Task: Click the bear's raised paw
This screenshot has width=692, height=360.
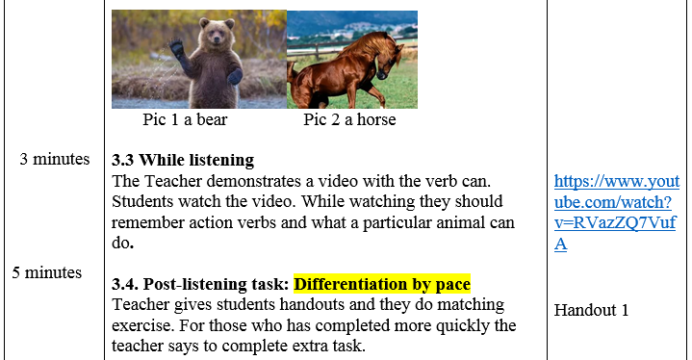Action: coord(176,48)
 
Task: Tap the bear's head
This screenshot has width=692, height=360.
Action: coord(217,32)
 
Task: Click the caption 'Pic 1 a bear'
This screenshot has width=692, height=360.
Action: coord(185,119)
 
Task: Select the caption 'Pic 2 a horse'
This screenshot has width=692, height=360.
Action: coord(349,119)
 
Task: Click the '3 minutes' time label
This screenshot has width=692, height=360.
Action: coord(55,159)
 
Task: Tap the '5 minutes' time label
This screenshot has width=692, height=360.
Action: coord(47,272)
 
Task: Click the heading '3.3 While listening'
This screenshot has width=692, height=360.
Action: coord(183,160)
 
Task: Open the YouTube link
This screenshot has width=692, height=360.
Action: coord(617,212)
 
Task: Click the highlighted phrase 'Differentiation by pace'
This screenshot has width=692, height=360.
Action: coord(382,284)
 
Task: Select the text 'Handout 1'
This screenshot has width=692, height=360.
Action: coord(591,310)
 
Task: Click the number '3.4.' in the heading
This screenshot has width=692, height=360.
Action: coord(125,284)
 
